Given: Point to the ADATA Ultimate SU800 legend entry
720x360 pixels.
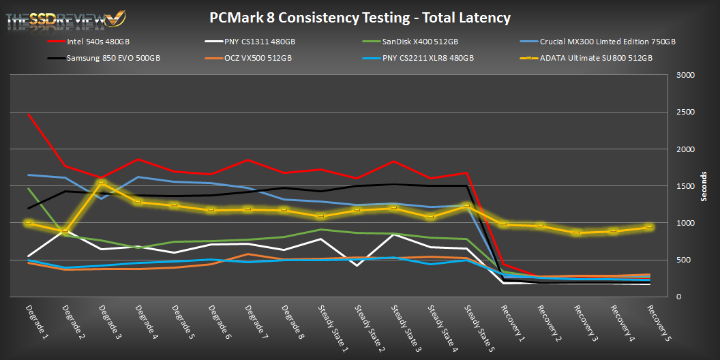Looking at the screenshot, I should coord(596,58).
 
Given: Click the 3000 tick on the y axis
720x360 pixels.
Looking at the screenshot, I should coord(685,76).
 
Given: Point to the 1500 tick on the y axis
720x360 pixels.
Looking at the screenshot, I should coord(685,186).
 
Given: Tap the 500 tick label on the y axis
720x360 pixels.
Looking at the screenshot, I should coord(685,260).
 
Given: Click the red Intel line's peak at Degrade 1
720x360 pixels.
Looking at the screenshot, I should coord(28,114).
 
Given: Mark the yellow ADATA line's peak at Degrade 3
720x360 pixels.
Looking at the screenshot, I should coord(101,182).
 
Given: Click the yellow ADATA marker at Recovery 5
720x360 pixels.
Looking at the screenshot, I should coord(650,226).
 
